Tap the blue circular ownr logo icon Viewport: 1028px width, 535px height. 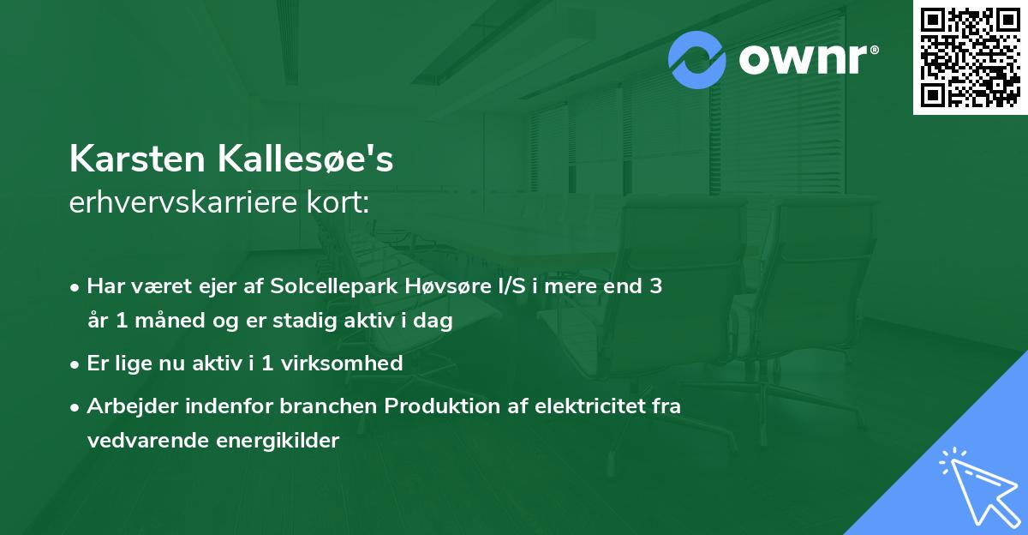[697, 60]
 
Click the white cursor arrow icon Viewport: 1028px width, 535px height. [977, 486]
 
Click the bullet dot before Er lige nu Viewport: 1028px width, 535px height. [76, 364]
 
